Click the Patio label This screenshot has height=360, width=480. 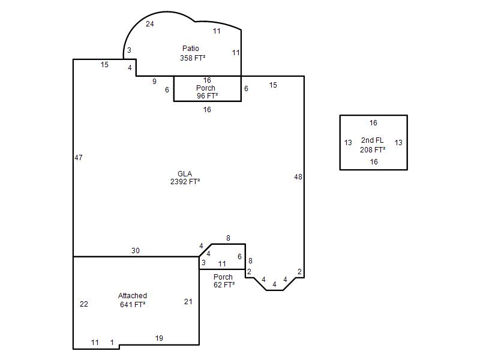[x=190, y=49]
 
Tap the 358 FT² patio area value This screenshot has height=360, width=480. [x=193, y=58]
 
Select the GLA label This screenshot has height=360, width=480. [x=185, y=174]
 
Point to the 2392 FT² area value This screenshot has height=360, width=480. [x=185, y=182]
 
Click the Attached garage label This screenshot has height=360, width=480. [x=133, y=296]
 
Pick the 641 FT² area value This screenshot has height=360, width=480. [x=133, y=305]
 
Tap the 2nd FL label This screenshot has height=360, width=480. [x=372, y=140]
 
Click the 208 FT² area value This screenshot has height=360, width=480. [x=373, y=149]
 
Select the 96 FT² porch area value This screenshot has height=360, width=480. [x=207, y=96]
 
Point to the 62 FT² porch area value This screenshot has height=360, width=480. [x=224, y=284]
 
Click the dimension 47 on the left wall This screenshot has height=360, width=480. [x=79, y=158]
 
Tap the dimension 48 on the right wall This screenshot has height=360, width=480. [x=298, y=177]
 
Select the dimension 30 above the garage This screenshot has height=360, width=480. [x=136, y=251]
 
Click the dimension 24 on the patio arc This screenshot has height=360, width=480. [x=149, y=24]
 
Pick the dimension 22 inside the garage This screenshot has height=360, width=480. [x=84, y=304]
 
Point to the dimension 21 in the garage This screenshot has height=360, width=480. [x=188, y=302]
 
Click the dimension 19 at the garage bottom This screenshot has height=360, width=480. [x=159, y=338]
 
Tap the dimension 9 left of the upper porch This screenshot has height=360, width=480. [x=154, y=82]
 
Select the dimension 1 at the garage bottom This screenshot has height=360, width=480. [x=112, y=342]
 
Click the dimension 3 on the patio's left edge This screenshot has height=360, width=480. [x=129, y=50]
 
